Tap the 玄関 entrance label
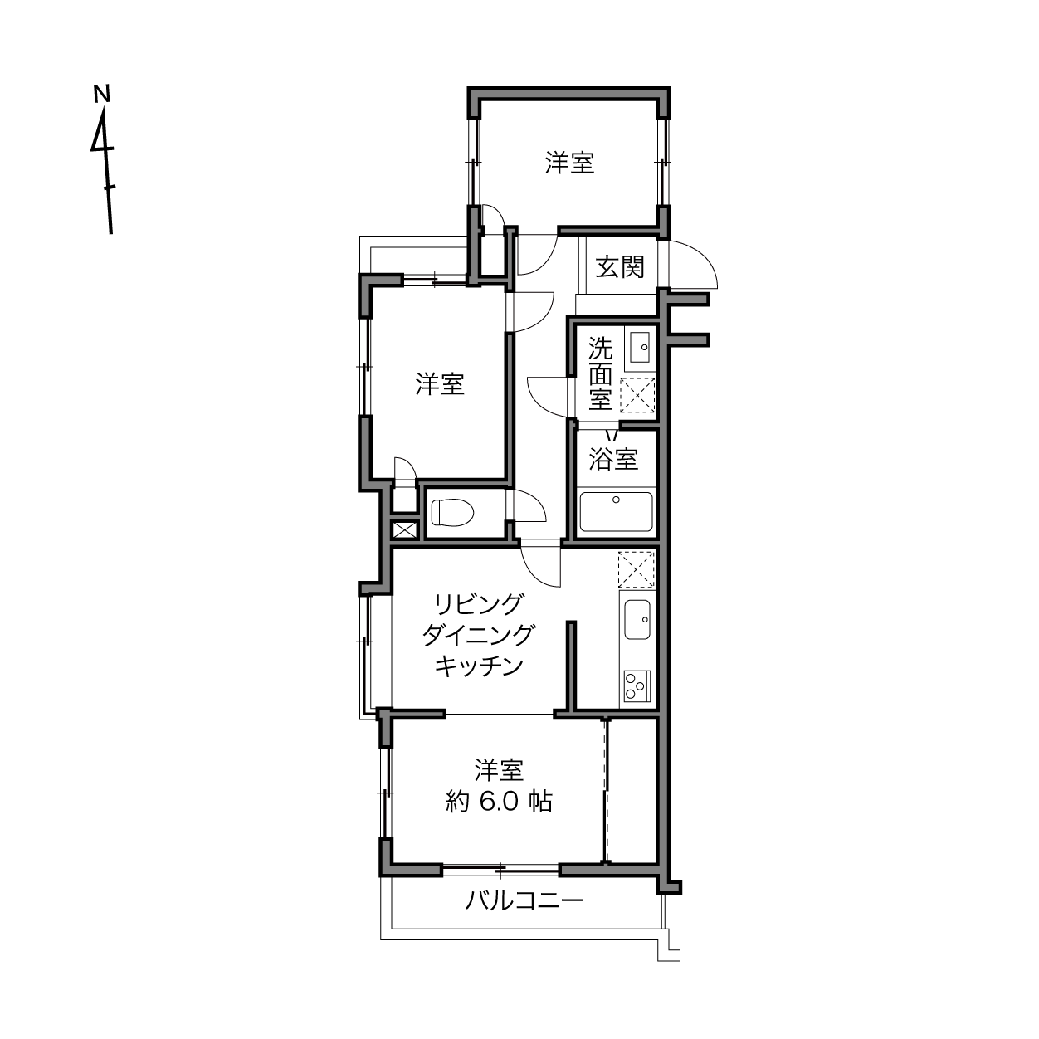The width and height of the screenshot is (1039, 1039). pyautogui.click(x=620, y=266)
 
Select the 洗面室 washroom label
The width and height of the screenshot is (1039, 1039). pyautogui.click(x=600, y=373)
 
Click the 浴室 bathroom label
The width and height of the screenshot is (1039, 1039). pyautogui.click(x=613, y=459)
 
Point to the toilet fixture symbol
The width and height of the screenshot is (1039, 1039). pyautogui.click(x=451, y=511)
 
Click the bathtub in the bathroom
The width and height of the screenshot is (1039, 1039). pyautogui.click(x=616, y=511)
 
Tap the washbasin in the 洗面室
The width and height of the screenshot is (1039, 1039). pyautogui.click(x=640, y=347)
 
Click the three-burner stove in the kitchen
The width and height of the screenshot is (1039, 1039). pyautogui.click(x=637, y=686)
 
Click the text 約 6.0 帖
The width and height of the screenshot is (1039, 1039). pyautogui.click(x=499, y=802)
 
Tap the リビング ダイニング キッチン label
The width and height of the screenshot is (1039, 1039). pyautogui.click(x=478, y=636)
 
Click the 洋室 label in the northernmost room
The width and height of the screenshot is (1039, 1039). pyautogui.click(x=569, y=163)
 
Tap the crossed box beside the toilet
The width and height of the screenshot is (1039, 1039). pyautogui.click(x=404, y=529)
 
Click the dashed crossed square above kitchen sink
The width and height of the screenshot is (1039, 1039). pyautogui.click(x=637, y=569)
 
